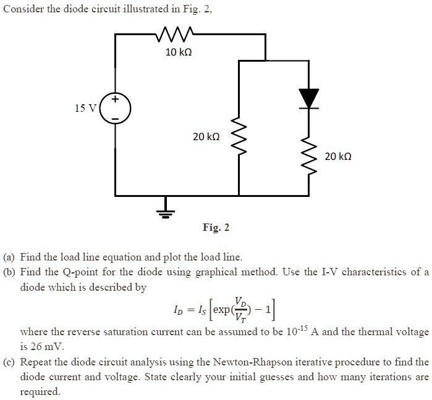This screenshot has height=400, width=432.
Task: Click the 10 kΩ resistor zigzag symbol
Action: click(x=176, y=35)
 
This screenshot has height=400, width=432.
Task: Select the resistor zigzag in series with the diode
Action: click(x=308, y=155)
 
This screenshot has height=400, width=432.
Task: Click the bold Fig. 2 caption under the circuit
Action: click(x=216, y=228)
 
